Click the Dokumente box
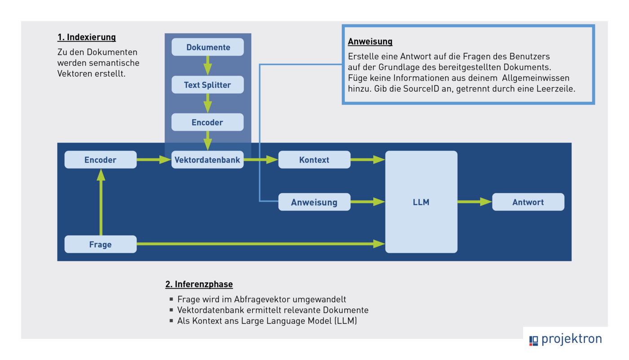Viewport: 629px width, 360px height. [x=208, y=47]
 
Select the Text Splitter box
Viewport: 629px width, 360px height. [x=208, y=84]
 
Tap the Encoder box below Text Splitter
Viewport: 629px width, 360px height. [x=208, y=122]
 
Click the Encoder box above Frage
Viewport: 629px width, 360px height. [x=100, y=160]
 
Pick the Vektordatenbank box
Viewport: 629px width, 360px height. [x=208, y=160]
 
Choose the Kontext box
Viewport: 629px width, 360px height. [x=314, y=160]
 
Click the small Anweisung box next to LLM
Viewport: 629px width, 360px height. [x=314, y=202]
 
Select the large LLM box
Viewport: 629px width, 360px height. [x=421, y=202]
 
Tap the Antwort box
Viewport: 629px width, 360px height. [x=528, y=202]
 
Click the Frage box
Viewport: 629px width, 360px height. [x=100, y=244]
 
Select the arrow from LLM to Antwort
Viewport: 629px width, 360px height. [x=474, y=202]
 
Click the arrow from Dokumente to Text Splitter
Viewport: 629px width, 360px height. [x=208, y=65]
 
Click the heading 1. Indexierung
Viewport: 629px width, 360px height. [x=87, y=37]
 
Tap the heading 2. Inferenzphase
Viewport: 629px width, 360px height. [x=199, y=284]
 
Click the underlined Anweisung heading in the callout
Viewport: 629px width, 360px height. [x=370, y=42]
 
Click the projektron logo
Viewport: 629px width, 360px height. [x=565, y=339]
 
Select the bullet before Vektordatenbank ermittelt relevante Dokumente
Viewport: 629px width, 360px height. [x=171, y=310]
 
